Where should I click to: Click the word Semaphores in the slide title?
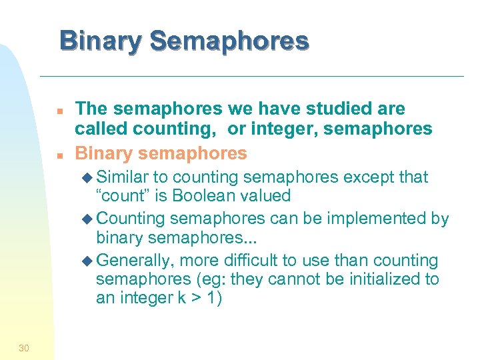click(x=229, y=41)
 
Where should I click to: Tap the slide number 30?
click(x=24, y=347)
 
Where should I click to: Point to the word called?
click(x=98, y=129)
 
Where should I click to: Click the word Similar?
click(x=123, y=177)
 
